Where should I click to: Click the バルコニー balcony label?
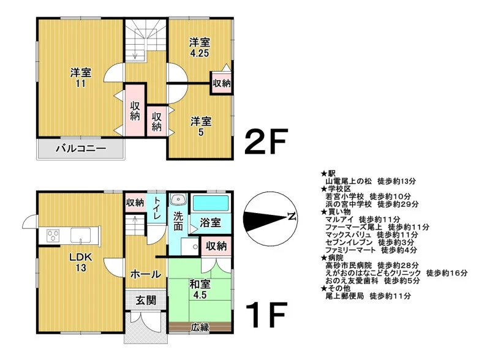[81, 148]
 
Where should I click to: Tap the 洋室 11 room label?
[81, 78]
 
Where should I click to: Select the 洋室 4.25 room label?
[200, 48]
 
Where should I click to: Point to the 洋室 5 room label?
[201, 127]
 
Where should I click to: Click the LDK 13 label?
[81, 263]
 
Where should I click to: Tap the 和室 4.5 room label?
[200, 290]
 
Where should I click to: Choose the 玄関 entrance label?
[146, 301]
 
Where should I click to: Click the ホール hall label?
[146, 274]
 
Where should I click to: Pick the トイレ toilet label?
[157, 208]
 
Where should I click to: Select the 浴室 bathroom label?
[210, 223]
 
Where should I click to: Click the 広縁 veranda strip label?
[200, 327]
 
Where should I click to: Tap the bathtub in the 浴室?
[211, 203]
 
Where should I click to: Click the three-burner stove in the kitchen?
[53, 235]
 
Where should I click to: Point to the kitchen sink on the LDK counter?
[81, 235]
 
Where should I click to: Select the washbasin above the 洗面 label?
[178, 200]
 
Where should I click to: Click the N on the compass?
[292, 216]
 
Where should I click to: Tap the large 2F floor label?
[266, 141]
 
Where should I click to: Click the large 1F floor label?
[266, 314]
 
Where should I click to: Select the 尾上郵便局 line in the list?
[368, 296]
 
